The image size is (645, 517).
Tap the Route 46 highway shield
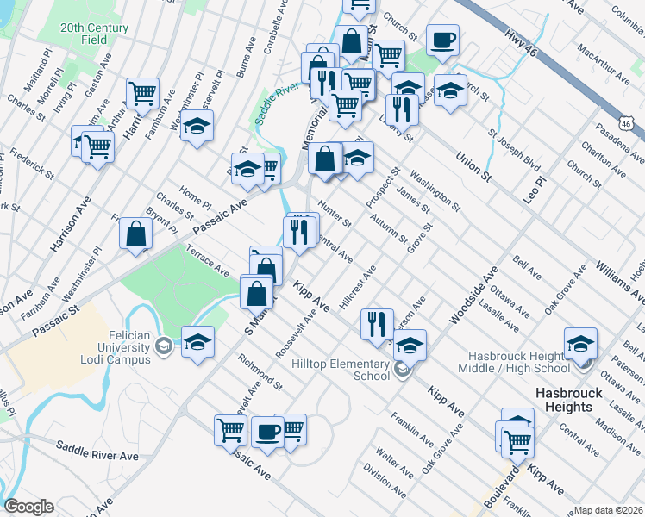point(632,126)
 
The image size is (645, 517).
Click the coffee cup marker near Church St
point(442,40)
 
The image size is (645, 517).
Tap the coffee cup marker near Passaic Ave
point(267,433)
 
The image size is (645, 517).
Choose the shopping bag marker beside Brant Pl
point(136,234)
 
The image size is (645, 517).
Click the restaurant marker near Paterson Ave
point(376,325)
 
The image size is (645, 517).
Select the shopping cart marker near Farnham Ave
point(142,93)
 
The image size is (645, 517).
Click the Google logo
point(28,507)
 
